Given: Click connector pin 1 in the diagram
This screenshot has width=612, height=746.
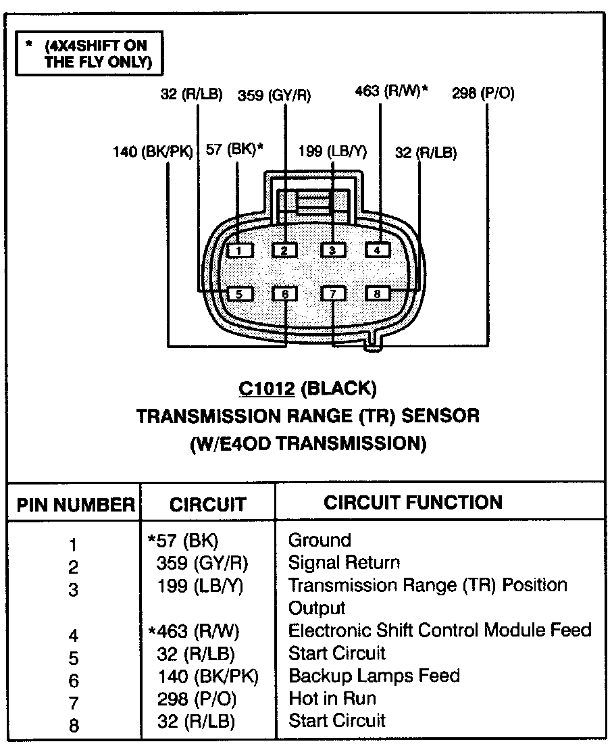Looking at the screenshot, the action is tap(239, 250).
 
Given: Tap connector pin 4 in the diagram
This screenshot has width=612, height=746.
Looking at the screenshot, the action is tap(378, 250).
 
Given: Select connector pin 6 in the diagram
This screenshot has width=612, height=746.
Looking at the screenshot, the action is tap(285, 293).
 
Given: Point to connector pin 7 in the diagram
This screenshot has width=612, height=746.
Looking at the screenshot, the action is tap(333, 293).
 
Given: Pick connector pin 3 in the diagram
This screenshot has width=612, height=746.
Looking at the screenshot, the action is tap(332, 250).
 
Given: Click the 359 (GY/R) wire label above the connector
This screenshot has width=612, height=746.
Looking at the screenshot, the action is tap(274, 95).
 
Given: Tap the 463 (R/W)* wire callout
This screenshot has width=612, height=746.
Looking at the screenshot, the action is tap(391, 91).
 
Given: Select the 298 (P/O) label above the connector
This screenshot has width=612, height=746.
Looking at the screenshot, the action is tap(483, 93).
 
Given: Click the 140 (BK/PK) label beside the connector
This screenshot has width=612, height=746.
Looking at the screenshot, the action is tap(153, 152).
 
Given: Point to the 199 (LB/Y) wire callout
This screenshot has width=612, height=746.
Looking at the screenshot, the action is tap(332, 152).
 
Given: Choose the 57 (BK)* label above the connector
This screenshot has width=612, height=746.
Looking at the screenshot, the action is tap(234, 149).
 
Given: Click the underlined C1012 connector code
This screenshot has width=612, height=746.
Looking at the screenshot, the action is tap(267, 389).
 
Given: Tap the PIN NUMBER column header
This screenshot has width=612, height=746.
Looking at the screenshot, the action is tap(76, 504).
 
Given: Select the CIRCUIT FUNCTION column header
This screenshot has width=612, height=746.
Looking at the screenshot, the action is tap(413, 503).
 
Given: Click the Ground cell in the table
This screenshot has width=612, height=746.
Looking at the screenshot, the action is tap(320, 540).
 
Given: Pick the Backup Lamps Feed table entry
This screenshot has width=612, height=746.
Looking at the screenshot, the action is tap(374, 676).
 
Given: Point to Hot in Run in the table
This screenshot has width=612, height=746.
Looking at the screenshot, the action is tap(332, 699).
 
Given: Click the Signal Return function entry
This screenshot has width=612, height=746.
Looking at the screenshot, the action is tap(344, 562).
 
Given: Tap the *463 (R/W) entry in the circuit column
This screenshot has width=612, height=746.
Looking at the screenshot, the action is tap(194, 631).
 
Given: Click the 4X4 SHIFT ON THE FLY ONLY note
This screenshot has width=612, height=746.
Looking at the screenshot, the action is tap(89, 53).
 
